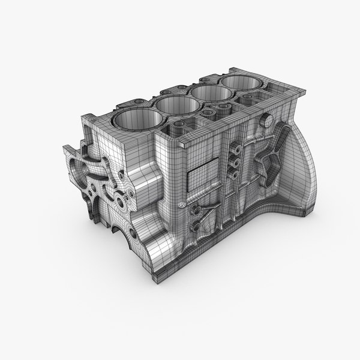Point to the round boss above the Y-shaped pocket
(262, 122)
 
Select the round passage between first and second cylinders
(179, 128)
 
